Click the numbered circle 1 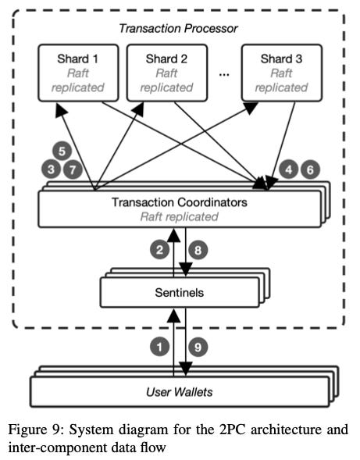click(x=159, y=347)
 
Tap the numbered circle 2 click(x=159, y=250)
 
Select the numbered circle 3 click(x=51, y=169)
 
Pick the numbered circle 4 click(x=289, y=169)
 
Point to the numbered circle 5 click(x=62, y=151)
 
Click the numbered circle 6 click(x=310, y=169)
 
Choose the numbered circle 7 click(x=73, y=169)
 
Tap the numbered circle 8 click(x=198, y=250)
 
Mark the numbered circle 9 click(x=198, y=347)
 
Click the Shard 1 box click(x=78, y=73)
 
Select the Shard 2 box click(x=167, y=73)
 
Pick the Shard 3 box click(x=282, y=73)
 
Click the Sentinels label click(x=180, y=293)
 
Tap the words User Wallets click(x=180, y=392)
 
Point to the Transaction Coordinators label click(x=180, y=202)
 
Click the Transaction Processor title click(x=178, y=28)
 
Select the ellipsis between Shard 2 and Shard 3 click(x=224, y=75)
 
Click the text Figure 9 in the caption click(x=36, y=430)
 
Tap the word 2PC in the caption click(x=233, y=430)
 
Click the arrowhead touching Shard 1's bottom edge click(x=61, y=110)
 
